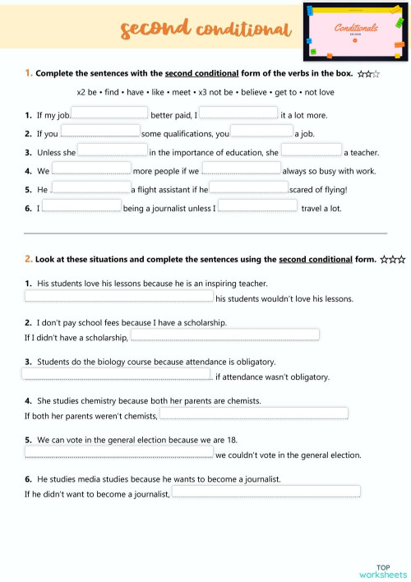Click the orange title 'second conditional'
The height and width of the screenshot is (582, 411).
(205, 30)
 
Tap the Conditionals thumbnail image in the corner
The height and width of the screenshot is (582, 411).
(355, 32)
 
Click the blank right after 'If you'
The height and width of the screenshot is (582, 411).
(99, 131)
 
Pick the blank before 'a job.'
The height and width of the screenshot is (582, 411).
(261, 131)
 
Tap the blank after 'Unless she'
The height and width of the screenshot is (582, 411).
(113, 150)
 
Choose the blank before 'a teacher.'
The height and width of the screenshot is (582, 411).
(312, 150)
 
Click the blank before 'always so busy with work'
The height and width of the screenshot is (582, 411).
(240, 169)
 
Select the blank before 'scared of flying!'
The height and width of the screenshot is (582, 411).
(249, 187)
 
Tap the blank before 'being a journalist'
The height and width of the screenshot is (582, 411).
(81, 206)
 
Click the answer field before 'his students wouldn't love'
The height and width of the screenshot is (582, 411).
(118, 297)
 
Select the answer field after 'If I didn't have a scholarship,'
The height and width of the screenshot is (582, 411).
(224, 335)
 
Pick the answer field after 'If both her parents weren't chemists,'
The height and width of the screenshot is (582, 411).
(253, 413)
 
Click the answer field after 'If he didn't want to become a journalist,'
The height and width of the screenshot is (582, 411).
(265, 492)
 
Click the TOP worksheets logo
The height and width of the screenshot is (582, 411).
(383, 570)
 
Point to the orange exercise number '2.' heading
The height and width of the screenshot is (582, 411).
(29, 259)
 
